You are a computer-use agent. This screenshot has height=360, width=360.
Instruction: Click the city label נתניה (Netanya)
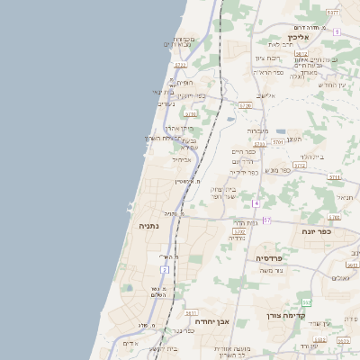148,227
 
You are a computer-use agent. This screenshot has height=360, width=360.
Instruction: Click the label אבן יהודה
212,320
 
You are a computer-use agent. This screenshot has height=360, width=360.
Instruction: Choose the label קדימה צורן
286,316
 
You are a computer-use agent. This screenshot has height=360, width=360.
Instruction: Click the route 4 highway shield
256,203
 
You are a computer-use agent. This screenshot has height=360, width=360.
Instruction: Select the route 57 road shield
266,220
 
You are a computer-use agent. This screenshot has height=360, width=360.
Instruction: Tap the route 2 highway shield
165,269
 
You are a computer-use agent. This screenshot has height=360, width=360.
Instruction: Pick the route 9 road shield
337,32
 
